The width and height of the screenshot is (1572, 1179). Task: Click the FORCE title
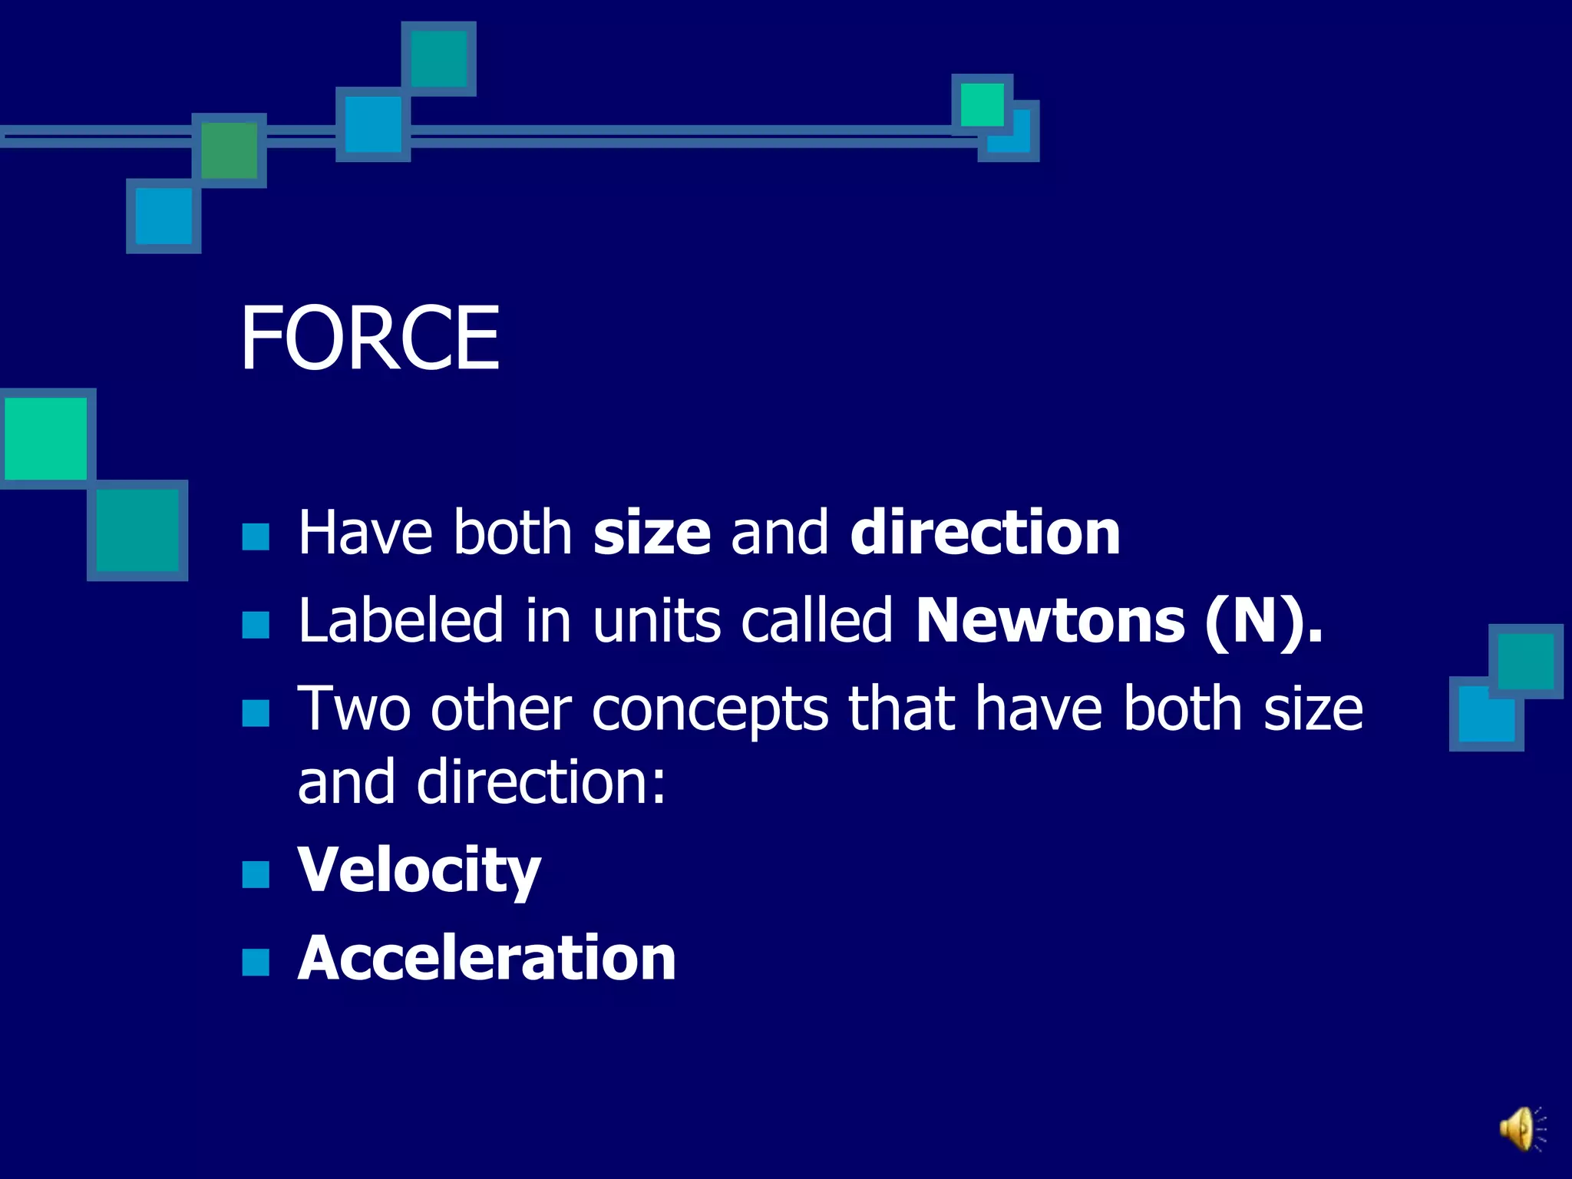(369, 339)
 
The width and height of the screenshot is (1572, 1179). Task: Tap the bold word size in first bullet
(652, 533)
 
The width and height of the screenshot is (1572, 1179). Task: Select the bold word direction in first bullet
(985, 533)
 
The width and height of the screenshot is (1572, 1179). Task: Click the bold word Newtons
(1051, 620)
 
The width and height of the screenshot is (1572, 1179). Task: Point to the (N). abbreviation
(1263, 620)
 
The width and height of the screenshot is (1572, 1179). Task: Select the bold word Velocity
(419, 870)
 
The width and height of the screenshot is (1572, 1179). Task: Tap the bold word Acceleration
(487, 959)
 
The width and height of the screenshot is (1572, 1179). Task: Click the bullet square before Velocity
(256, 874)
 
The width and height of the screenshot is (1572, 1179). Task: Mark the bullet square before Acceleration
(256, 962)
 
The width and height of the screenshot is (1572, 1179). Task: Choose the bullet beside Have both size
(256, 537)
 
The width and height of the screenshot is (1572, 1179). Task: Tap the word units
(656, 620)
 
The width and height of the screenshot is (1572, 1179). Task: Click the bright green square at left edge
(45, 439)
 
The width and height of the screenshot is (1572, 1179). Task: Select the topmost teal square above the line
(438, 59)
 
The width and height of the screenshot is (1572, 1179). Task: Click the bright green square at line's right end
(982, 104)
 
